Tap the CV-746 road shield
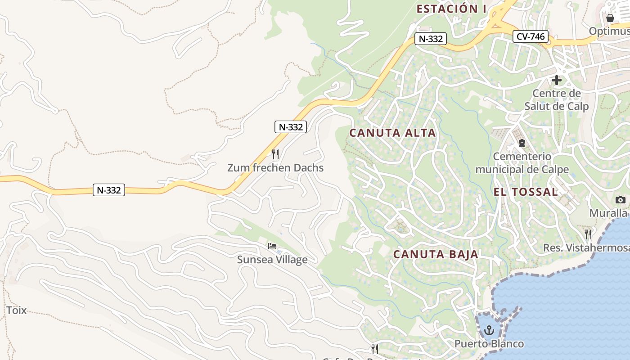(x=531, y=36)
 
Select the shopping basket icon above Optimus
(x=610, y=18)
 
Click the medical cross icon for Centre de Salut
(x=557, y=81)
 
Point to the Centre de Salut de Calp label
(x=556, y=100)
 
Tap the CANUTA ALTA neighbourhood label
(x=392, y=133)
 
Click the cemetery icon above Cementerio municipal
(x=522, y=144)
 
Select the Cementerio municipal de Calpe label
(x=522, y=163)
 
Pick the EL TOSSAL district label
(x=526, y=192)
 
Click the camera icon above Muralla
(x=621, y=200)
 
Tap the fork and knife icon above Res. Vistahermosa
(x=588, y=234)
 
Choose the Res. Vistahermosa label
(x=586, y=248)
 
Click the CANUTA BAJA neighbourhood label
(x=436, y=254)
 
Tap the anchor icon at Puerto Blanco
(x=489, y=331)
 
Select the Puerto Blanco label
(x=489, y=344)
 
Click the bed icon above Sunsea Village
(x=272, y=246)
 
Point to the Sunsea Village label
(x=272, y=260)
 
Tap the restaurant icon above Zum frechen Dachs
(x=275, y=154)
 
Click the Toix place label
(x=16, y=310)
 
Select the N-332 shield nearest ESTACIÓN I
(x=431, y=39)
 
